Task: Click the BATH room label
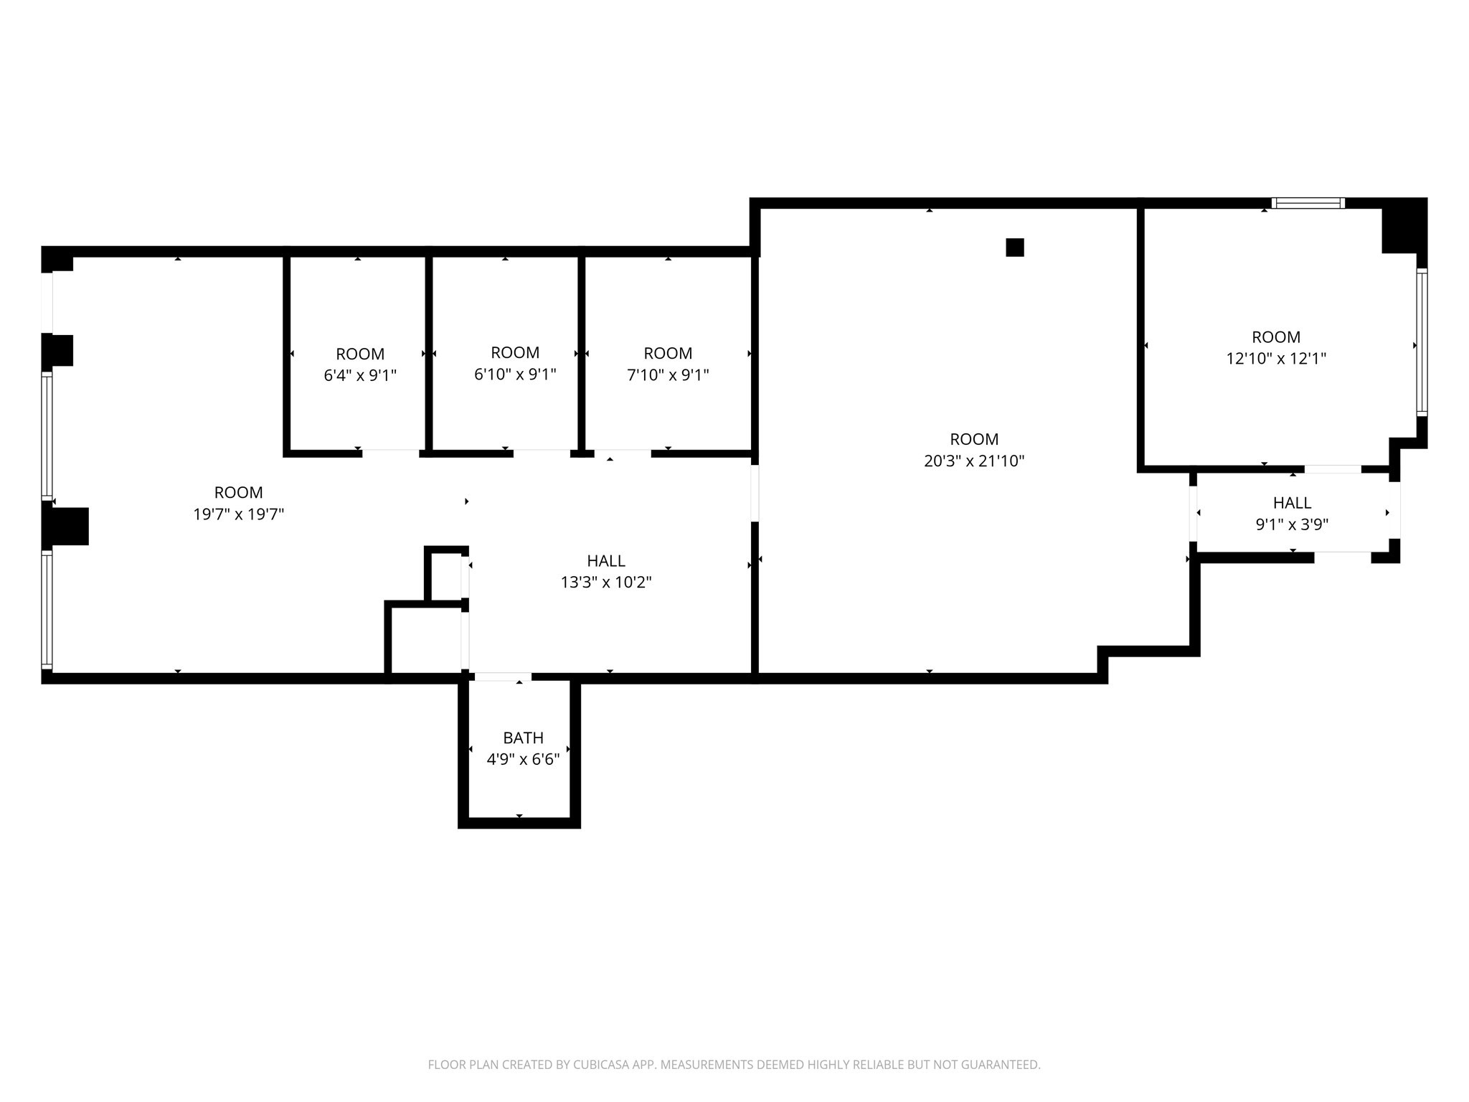pos(523,738)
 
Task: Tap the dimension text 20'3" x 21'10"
pos(973,461)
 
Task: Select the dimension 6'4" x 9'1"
pos(360,375)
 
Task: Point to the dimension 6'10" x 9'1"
pos(515,375)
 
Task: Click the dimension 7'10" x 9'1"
pos(668,375)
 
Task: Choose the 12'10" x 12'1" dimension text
pos(1275,359)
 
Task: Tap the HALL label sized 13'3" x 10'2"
pos(605,561)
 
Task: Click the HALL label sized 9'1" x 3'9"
pos(1292,503)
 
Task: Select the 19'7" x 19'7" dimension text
pos(238,514)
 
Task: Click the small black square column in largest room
pos(1014,248)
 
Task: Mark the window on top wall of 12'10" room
pos(1308,203)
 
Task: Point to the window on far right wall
pos(1422,342)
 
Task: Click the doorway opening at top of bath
pos(503,677)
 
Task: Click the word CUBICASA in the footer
pos(602,1065)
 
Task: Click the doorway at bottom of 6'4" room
pos(390,453)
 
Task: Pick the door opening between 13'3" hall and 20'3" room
pos(755,493)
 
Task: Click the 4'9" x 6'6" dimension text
pos(523,760)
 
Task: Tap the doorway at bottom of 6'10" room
pos(542,453)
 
